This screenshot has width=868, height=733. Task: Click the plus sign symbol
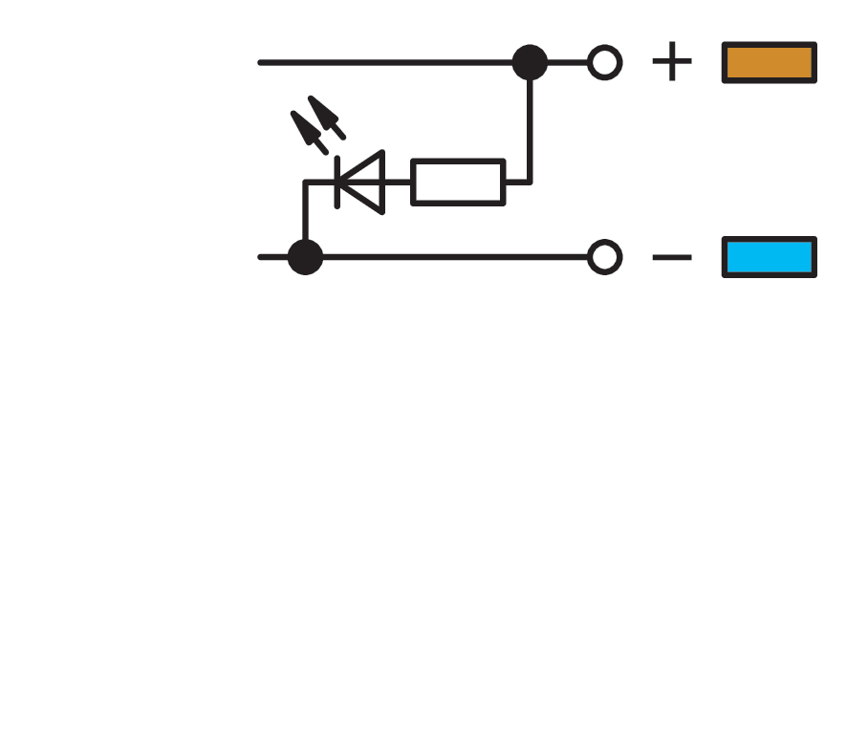(x=672, y=61)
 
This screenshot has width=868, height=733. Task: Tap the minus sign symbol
(x=672, y=257)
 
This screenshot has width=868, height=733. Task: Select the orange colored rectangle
(x=769, y=62)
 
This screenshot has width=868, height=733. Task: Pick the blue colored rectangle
(x=769, y=257)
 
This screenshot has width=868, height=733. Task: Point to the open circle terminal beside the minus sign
(x=604, y=240)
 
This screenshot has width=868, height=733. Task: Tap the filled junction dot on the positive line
(x=530, y=62)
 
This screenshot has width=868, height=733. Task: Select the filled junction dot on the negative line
(x=306, y=257)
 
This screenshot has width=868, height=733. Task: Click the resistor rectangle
(x=458, y=161)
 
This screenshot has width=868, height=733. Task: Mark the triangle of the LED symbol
(x=382, y=182)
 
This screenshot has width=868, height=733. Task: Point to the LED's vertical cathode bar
(x=337, y=182)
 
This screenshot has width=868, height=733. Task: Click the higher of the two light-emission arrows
(x=326, y=117)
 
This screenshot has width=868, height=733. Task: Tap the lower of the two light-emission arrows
(x=309, y=132)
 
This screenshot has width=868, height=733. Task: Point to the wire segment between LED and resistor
(x=398, y=182)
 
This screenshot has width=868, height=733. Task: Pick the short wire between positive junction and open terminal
(x=568, y=62)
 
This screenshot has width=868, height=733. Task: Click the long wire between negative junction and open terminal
(x=455, y=257)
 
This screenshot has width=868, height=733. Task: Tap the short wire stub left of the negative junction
(x=272, y=257)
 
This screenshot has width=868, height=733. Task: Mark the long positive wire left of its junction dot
(x=384, y=62)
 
